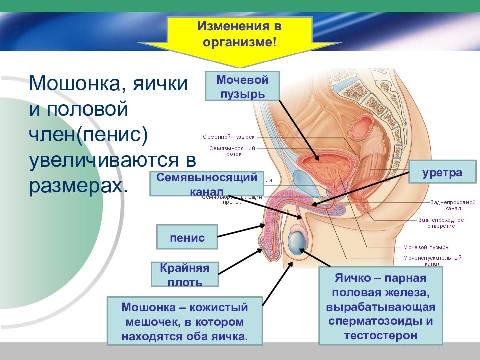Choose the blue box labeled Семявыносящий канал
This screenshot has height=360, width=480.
pos(207,183)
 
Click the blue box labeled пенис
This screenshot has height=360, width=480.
pos(187,237)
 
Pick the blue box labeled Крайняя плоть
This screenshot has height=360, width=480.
pos(185,274)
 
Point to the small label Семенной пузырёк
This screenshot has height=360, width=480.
pos(229,137)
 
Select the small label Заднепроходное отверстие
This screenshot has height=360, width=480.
pos(441,223)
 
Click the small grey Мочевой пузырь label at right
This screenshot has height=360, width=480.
pos(425,247)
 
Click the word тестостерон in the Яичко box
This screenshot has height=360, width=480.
pos(380,334)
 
